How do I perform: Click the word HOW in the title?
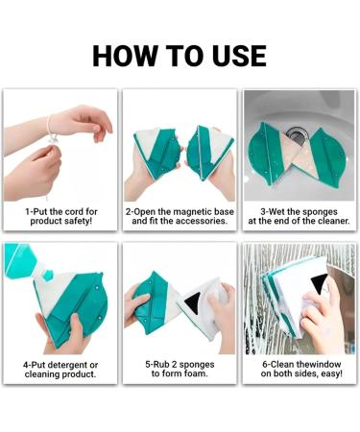click(123, 56)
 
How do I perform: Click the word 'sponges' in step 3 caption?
click(320, 212)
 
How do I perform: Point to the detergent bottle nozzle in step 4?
click(47, 275)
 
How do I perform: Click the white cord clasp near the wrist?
click(52, 140)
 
